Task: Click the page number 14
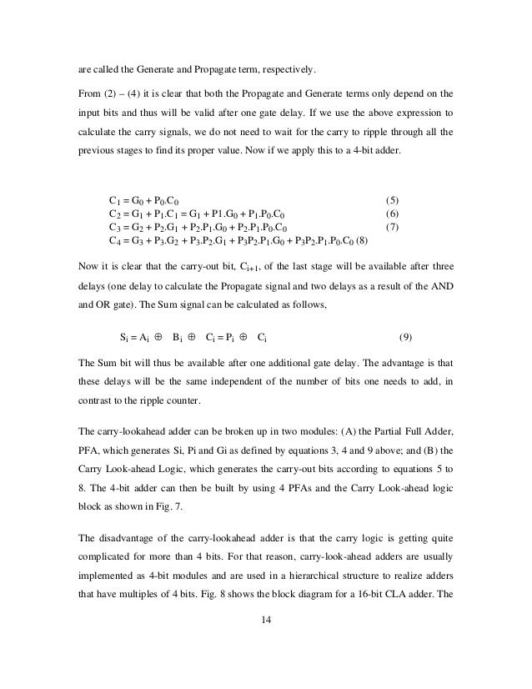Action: click(266, 620)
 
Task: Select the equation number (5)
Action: click(395, 200)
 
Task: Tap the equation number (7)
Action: click(395, 227)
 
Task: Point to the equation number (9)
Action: click(404, 338)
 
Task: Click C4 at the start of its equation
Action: click(116, 240)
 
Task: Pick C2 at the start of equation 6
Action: click(116, 214)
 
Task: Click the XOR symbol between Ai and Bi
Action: click(158, 338)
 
